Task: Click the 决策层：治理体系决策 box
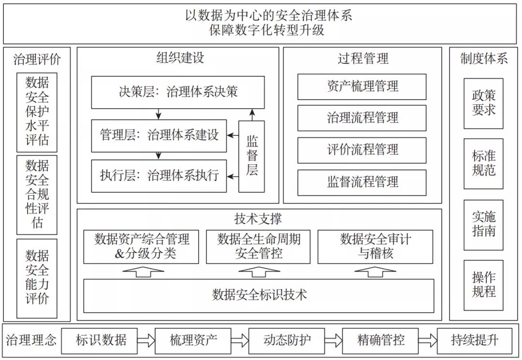(x=178, y=92)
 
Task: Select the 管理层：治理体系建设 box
(x=159, y=135)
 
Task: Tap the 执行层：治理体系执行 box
(x=159, y=175)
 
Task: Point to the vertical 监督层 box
(x=252, y=156)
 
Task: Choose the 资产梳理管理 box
(x=362, y=86)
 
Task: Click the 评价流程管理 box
(x=362, y=150)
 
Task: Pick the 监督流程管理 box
(x=362, y=182)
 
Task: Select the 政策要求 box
(x=483, y=103)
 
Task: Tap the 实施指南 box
(x=483, y=225)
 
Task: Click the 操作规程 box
(x=483, y=285)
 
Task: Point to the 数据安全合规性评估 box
(x=37, y=195)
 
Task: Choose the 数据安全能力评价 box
(x=37, y=277)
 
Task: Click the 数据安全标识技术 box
(x=259, y=295)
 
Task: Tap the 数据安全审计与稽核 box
(x=375, y=246)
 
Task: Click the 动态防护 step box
(x=287, y=340)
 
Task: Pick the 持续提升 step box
(x=474, y=340)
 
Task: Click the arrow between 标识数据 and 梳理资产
(x=146, y=340)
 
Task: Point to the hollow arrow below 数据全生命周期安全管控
(x=259, y=272)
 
